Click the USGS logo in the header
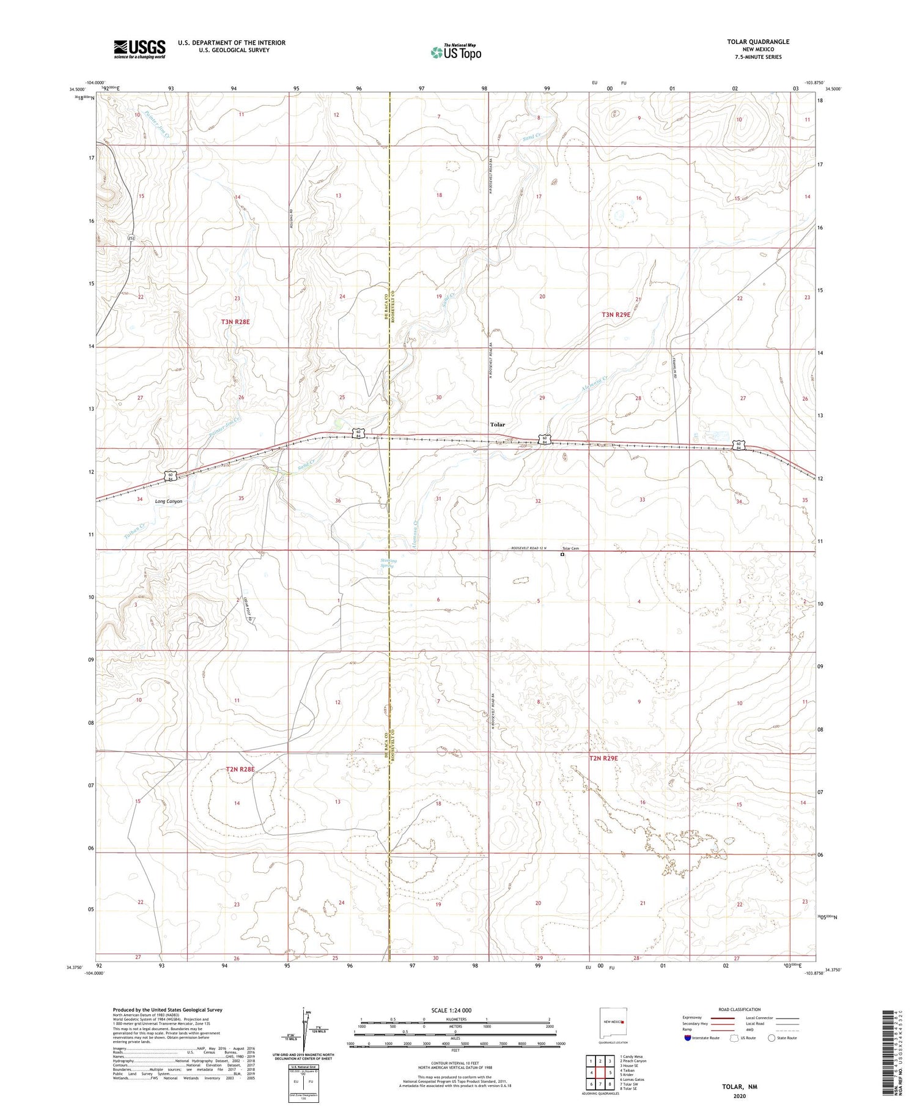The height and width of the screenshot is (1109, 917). coord(139,49)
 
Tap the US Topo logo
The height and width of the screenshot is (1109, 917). coord(456,53)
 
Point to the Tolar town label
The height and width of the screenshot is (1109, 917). coord(498,425)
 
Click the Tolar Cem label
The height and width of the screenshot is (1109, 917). coord(570,548)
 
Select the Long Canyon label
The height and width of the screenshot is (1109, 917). coord(169,501)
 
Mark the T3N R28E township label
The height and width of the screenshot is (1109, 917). coord(235,322)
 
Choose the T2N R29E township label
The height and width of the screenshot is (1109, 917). coord(603,758)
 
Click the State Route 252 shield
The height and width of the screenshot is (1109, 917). coord(131,237)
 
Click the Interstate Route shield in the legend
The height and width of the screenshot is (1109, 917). coord(688,1038)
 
